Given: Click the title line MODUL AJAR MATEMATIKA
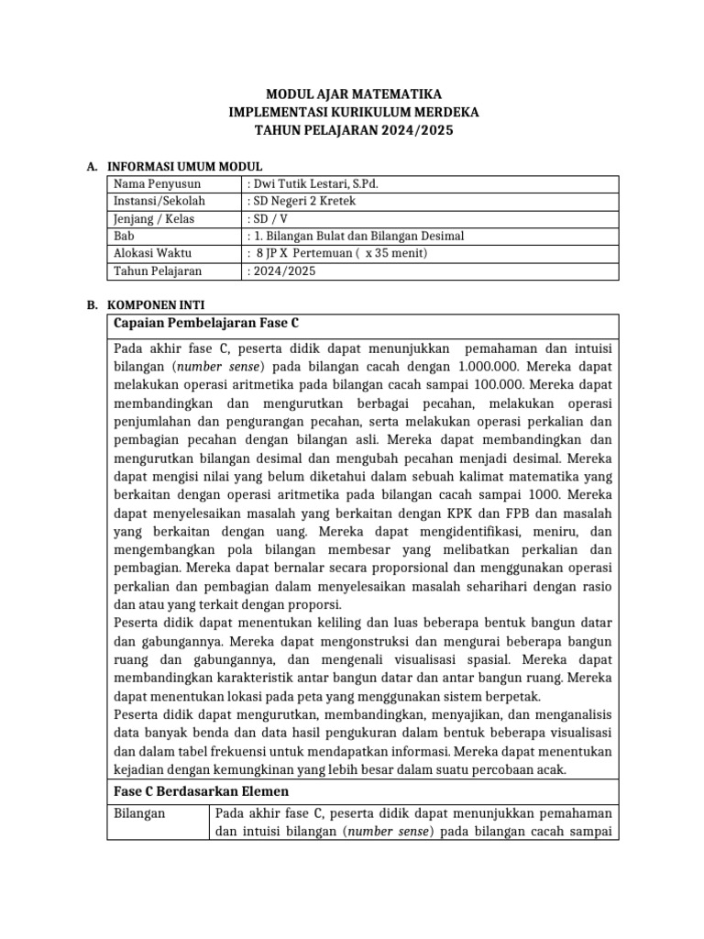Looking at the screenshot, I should tap(353, 94).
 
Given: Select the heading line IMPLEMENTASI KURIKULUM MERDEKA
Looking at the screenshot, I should tap(353, 113).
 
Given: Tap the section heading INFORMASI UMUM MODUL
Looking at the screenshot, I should tap(185, 166).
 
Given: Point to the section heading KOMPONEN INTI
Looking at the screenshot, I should tap(156, 304).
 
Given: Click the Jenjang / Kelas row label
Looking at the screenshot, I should tap(154, 218).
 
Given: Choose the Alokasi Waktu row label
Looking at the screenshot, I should tap(152, 253).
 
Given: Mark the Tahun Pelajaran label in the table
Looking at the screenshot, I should tap(157, 271).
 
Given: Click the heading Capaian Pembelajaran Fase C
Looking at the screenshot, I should tap(206, 324).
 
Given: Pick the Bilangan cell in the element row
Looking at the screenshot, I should tap(139, 812).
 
